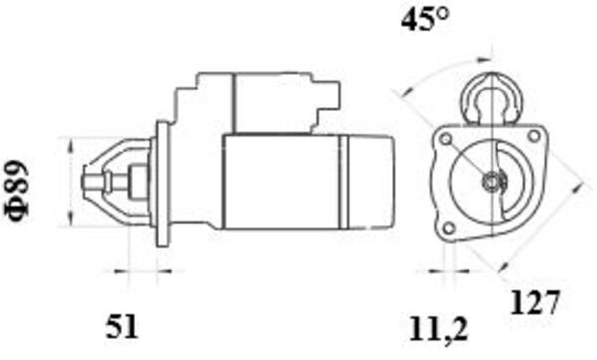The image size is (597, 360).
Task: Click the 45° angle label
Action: point(423,20)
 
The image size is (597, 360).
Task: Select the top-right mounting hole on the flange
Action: point(535,137)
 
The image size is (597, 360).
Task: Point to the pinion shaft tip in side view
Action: point(88,182)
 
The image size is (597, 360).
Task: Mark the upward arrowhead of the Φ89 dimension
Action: point(70,144)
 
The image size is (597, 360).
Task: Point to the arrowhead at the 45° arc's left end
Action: point(400,93)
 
